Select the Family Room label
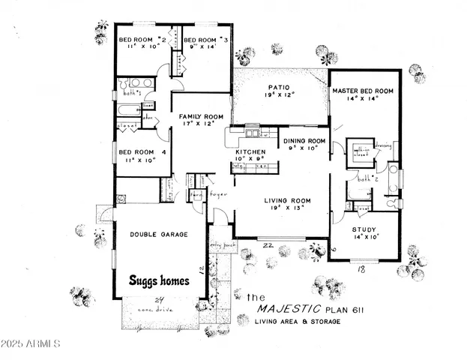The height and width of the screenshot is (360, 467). click(201, 117)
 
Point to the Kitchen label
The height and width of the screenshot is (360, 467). click(250, 151)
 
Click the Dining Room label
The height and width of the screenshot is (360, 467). click(304, 141)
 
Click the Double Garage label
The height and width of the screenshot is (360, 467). click(158, 234)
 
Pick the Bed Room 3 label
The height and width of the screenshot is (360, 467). click(204, 40)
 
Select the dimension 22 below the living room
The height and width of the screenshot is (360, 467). click(266, 245)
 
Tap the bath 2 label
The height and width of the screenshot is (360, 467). click(366, 179)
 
